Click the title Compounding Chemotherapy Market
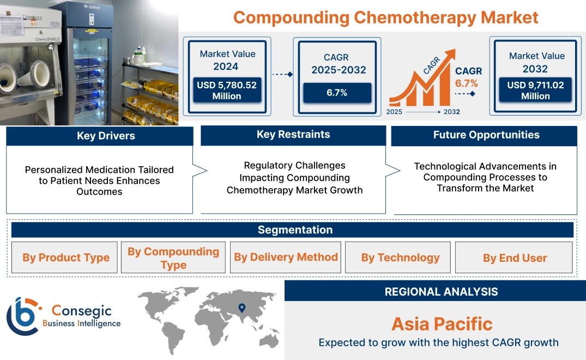[385, 17]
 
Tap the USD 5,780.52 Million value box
[226, 91]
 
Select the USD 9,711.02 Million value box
[535, 91]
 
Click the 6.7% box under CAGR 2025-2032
[337, 93]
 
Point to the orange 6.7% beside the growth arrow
[466, 83]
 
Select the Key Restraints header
[293, 135]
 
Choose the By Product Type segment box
[65, 257]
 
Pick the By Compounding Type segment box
[173, 257]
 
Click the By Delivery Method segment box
[286, 257]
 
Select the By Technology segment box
[400, 257]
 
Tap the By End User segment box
[514, 257]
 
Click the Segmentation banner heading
[294, 230]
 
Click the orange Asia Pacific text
[442, 324]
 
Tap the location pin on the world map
[242, 308]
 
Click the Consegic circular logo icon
[22, 316]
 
